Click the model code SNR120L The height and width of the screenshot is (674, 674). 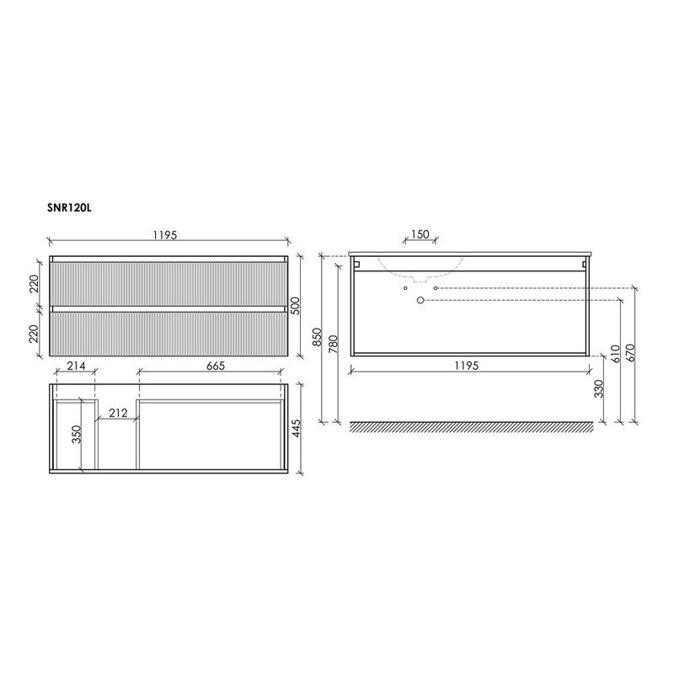pyautogui.click(x=69, y=204)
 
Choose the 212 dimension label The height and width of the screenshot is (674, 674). pyautogui.click(x=118, y=412)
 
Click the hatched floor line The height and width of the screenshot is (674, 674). pyautogui.click(x=471, y=427)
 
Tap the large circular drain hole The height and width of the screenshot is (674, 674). pyautogui.click(x=420, y=300)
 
